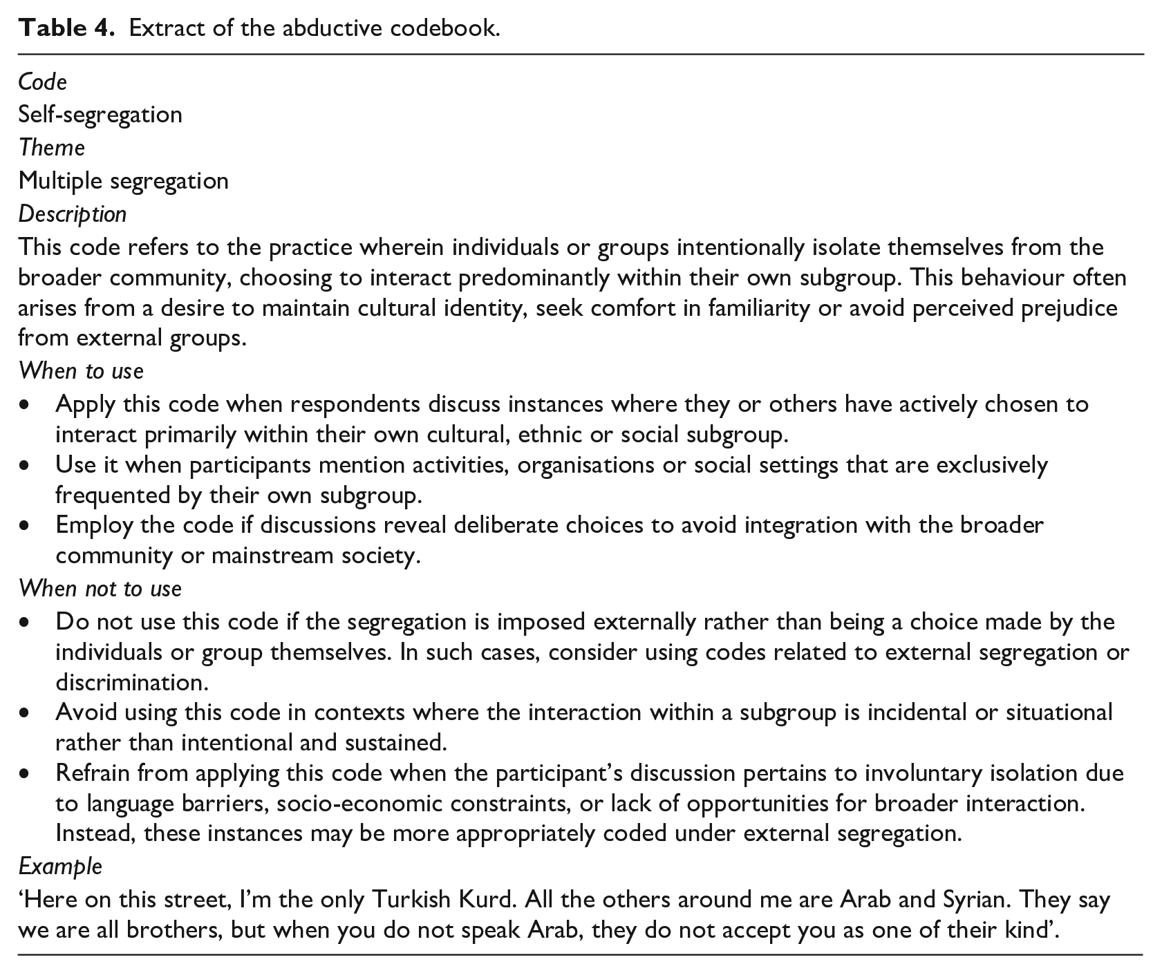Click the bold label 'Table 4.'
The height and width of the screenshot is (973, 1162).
(x=67, y=28)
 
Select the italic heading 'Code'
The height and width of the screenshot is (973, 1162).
(x=42, y=82)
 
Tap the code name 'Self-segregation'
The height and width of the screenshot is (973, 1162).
(x=100, y=114)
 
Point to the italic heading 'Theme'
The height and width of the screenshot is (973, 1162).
(x=52, y=147)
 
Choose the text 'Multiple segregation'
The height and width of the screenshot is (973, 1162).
(x=123, y=180)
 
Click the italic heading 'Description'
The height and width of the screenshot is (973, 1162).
(x=73, y=214)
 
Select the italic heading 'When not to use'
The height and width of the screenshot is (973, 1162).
(x=100, y=588)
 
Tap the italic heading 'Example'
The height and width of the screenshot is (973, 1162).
(x=60, y=866)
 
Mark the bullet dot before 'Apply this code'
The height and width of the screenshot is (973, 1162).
(x=26, y=404)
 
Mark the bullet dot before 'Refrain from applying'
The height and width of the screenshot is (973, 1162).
(x=26, y=773)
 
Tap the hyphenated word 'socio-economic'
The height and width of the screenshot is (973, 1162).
(x=351, y=804)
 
